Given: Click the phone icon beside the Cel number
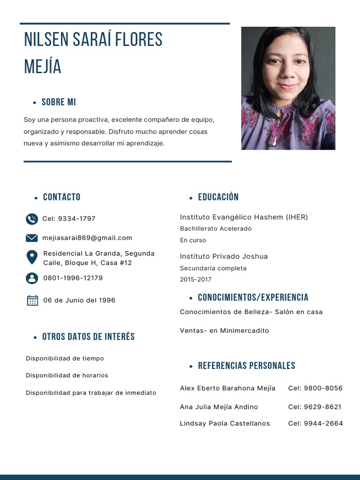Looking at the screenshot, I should click(32, 219).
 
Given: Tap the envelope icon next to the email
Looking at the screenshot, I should click(32, 238).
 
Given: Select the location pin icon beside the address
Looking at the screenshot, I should click(32, 257).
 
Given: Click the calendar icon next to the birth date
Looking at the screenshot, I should click(32, 300).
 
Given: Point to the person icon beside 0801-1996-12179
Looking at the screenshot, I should click(32, 278).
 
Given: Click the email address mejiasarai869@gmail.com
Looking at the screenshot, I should click(87, 238).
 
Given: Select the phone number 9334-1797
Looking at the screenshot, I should click(76, 219).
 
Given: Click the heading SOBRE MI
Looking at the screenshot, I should click(59, 102).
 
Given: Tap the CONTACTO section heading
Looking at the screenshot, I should click(61, 197).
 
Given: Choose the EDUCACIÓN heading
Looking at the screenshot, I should click(218, 197).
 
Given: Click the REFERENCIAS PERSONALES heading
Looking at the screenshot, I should click(247, 366).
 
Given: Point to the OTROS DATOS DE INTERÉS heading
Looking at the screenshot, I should click(88, 337).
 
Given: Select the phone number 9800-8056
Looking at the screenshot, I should click(323, 388).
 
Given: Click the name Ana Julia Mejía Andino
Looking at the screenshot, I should click(219, 407).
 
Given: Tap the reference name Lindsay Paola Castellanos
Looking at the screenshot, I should click(225, 423).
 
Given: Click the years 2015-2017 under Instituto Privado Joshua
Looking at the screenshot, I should click(195, 279).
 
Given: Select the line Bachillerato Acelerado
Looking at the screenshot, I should click(216, 229).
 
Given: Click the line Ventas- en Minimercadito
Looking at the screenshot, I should click(225, 330).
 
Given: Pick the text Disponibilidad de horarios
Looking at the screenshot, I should click(67, 375).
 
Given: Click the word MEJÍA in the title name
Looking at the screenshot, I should click(43, 67).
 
